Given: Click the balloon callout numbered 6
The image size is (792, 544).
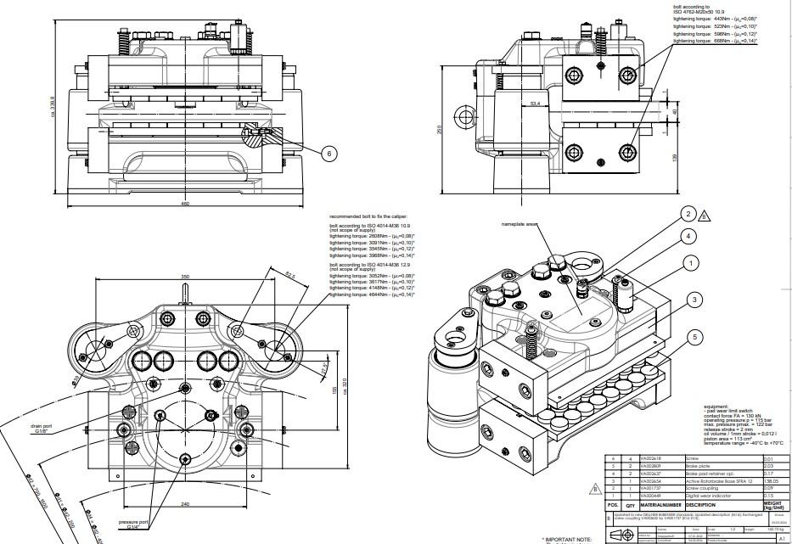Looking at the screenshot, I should point(330,154).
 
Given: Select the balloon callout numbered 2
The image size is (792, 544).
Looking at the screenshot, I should point(689,214).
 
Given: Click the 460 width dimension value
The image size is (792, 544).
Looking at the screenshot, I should point(184,204).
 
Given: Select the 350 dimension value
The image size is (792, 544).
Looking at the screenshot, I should point(184,278).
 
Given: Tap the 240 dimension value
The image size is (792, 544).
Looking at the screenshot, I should point(184,504).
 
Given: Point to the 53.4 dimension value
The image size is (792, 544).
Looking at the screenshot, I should point(535,104).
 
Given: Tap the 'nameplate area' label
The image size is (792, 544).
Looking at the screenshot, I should point(520,224).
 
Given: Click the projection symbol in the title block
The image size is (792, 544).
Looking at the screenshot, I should point(629,534).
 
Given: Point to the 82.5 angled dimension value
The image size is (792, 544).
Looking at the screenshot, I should point(290,275).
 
